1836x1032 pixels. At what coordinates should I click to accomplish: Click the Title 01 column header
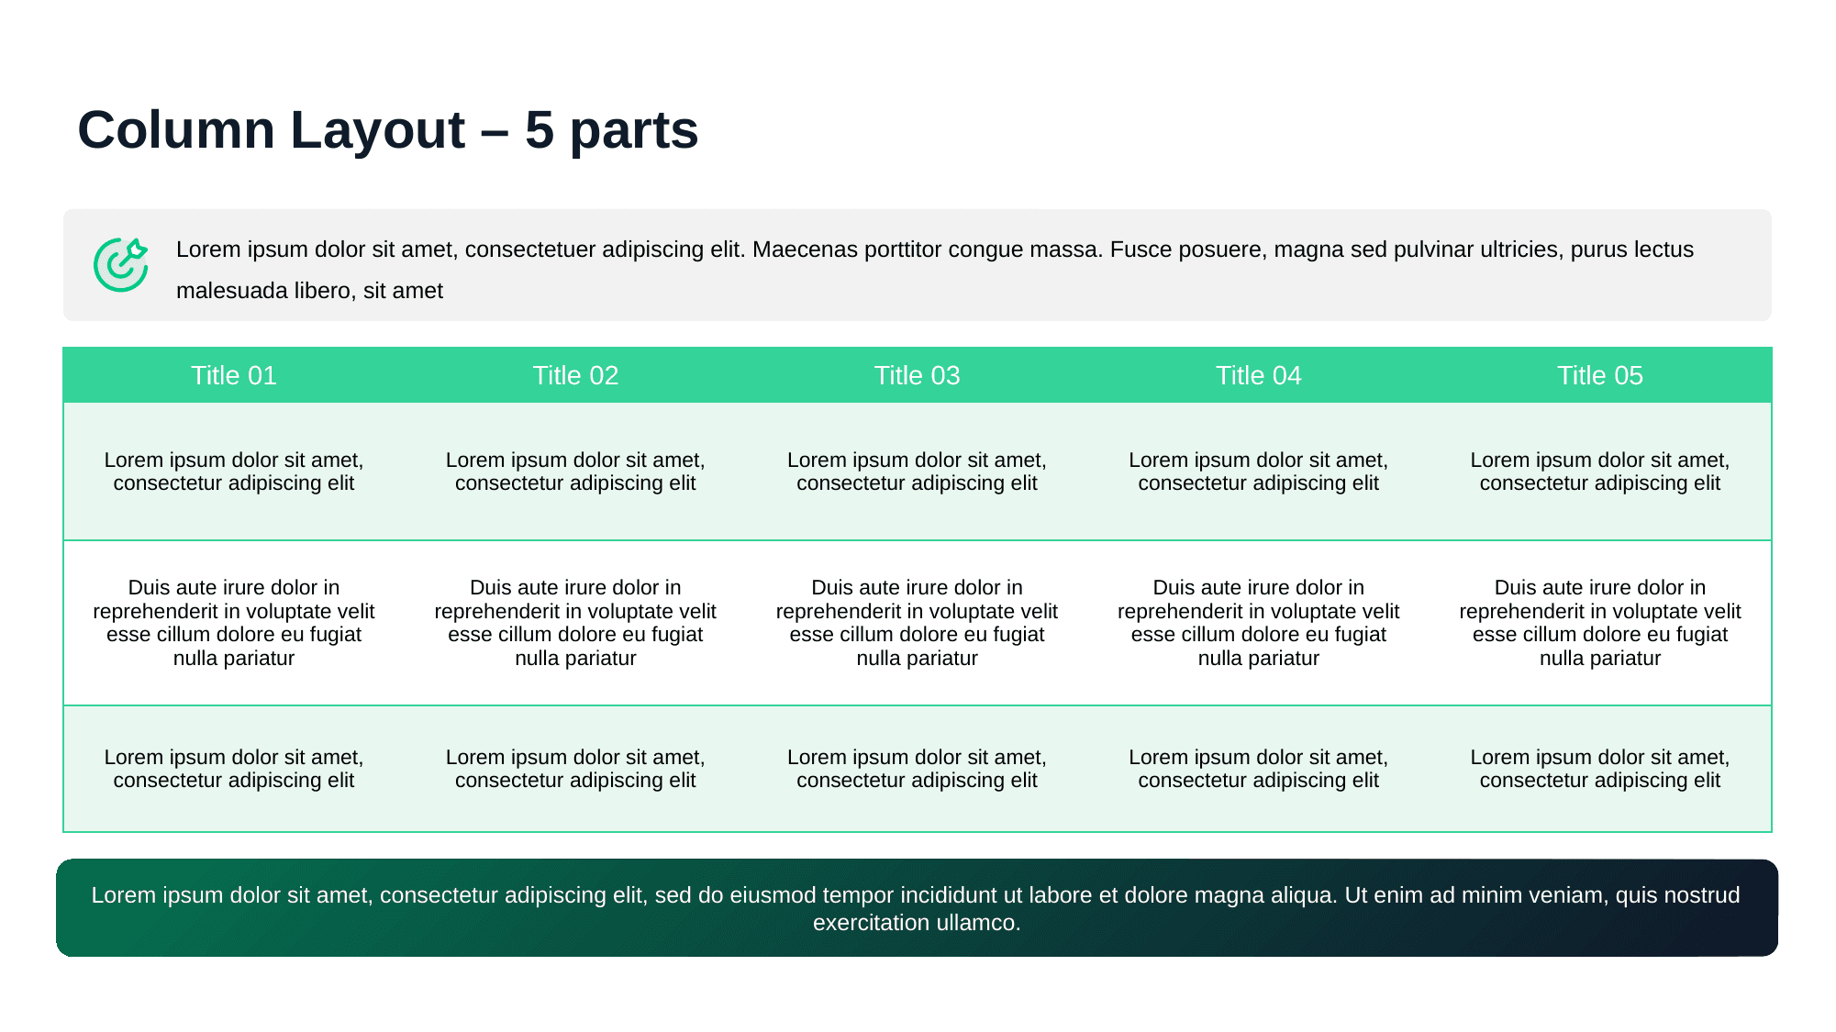pyautogui.click(x=234, y=375)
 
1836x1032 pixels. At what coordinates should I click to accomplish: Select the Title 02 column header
pyautogui.click(x=575, y=375)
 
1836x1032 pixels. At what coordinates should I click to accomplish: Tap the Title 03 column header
pyautogui.click(x=917, y=375)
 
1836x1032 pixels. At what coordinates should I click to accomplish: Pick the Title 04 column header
pyautogui.click(x=1258, y=375)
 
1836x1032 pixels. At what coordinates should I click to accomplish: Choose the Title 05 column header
pyautogui.click(x=1599, y=375)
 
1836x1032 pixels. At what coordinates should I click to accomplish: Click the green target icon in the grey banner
pyautogui.click(x=120, y=265)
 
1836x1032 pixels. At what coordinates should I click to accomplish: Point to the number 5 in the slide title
pyautogui.click(x=540, y=129)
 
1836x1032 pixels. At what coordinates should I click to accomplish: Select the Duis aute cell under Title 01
pyautogui.click(x=234, y=623)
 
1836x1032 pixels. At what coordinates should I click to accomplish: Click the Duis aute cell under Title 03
pyautogui.click(x=917, y=623)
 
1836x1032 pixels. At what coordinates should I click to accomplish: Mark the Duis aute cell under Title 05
pyautogui.click(x=1599, y=623)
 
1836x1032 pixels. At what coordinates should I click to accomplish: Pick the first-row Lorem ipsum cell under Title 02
pyautogui.click(x=575, y=472)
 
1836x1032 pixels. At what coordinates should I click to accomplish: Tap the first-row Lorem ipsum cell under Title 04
pyautogui.click(x=1258, y=472)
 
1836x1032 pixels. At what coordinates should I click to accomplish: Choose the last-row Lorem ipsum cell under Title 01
pyautogui.click(x=234, y=769)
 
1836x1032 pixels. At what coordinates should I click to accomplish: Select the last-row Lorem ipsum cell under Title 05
pyautogui.click(x=1599, y=769)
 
